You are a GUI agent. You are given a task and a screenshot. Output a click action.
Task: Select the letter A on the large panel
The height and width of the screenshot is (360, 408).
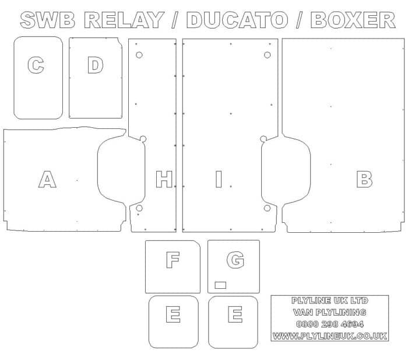(47, 179)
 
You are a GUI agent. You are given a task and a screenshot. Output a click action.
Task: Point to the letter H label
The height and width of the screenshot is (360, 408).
(164, 179)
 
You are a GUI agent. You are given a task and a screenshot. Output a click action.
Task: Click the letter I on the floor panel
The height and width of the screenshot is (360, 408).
(219, 179)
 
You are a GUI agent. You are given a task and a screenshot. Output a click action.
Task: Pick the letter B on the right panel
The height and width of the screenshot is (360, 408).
(364, 179)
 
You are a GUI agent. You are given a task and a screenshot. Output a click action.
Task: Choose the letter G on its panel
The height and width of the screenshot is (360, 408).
(235, 260)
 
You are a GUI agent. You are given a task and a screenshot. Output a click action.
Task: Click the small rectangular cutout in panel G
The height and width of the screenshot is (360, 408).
(220, 285)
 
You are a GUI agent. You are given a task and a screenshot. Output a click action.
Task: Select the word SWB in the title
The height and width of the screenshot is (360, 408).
(48, 20)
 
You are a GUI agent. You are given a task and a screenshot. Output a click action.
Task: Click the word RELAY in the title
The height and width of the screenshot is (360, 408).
(124, 20)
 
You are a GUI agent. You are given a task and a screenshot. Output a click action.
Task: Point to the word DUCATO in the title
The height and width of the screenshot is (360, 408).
(237, 20)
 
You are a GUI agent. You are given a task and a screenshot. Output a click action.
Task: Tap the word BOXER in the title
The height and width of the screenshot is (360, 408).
(353, 20)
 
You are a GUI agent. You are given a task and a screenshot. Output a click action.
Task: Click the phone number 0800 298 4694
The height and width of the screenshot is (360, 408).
(330, 324)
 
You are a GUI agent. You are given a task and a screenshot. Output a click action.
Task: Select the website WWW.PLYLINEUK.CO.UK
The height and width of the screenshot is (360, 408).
(330, 336)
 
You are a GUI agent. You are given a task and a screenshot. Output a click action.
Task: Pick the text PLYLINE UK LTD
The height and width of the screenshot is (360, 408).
(330, 300)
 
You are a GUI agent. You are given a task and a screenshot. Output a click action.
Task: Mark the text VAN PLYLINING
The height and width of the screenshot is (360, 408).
(330, 312)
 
